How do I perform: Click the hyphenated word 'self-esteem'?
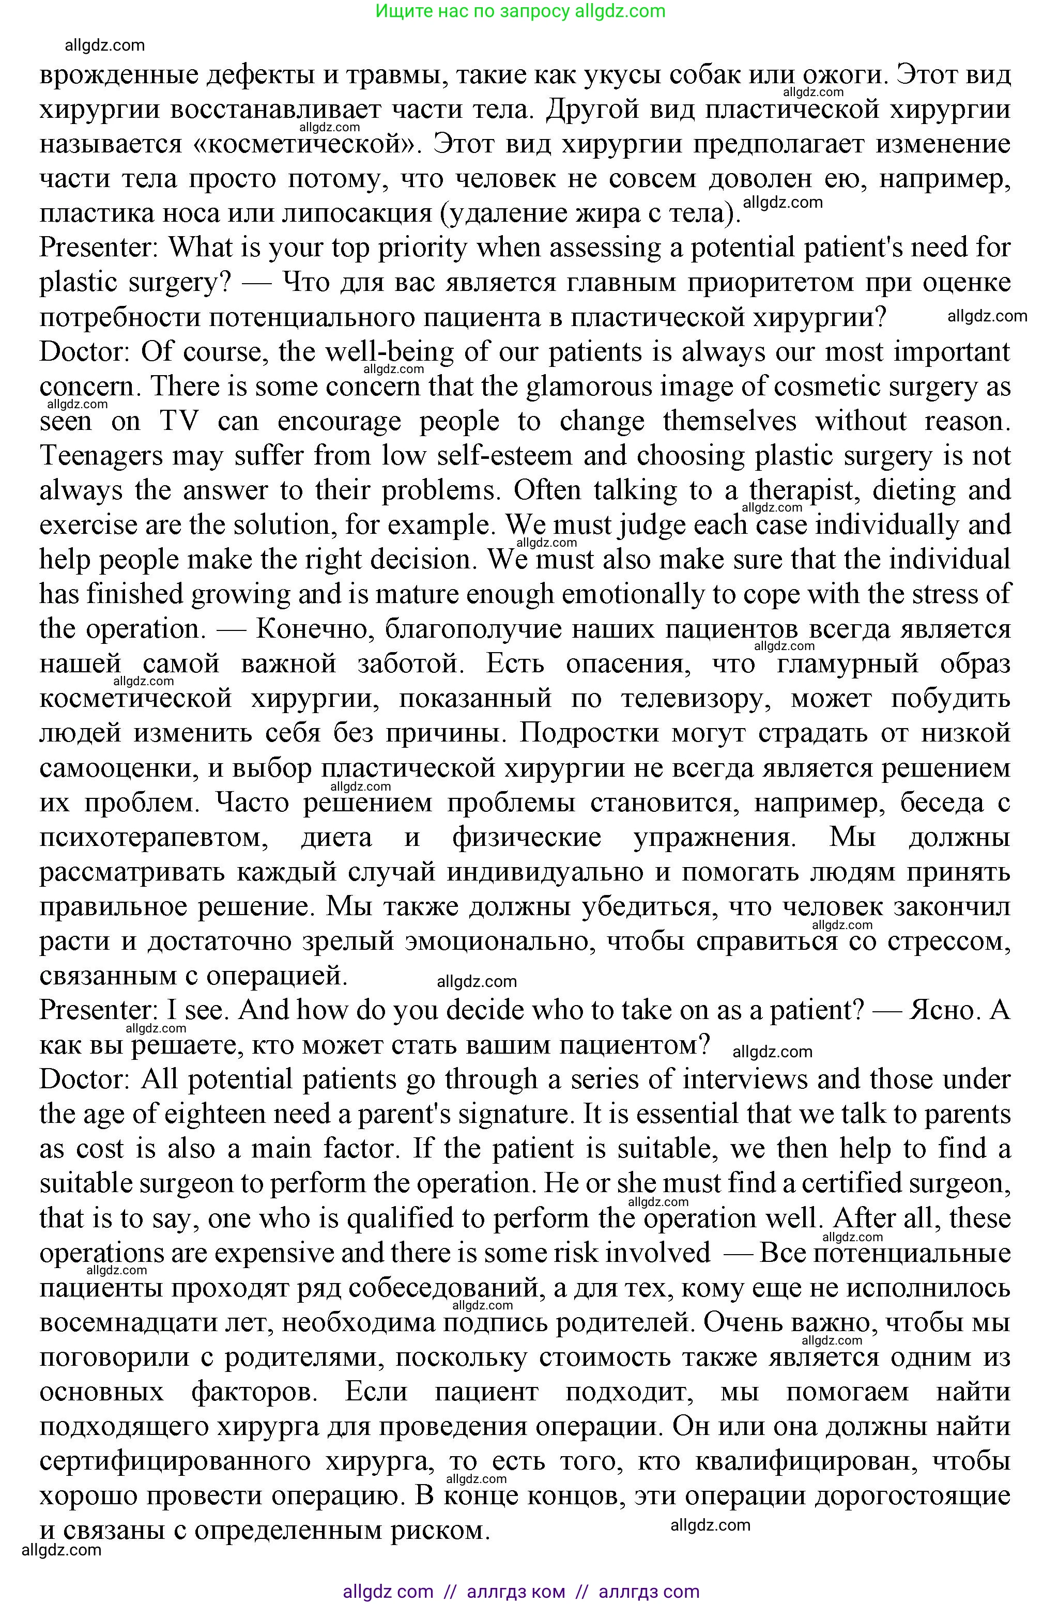(x=505, y=456)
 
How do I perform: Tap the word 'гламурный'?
(x=847, y=663)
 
